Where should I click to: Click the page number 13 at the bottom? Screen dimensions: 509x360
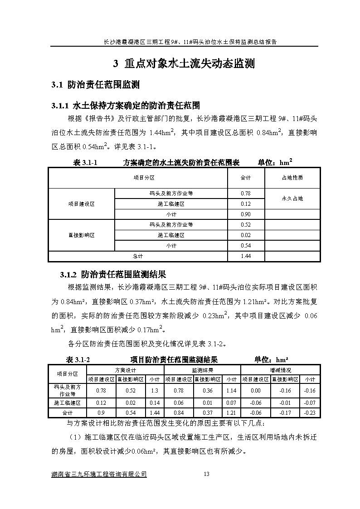206,474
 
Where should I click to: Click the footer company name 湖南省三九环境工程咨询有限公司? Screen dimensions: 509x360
100,474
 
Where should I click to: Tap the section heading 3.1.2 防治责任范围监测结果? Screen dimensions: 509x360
113,275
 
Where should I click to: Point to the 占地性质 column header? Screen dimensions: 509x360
292,178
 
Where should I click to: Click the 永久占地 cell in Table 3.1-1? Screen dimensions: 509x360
292,199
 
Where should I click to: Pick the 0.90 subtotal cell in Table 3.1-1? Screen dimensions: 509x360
246,214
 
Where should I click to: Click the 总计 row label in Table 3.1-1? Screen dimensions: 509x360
138,256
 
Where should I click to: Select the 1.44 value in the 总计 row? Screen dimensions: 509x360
246,256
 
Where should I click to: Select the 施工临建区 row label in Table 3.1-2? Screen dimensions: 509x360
67,402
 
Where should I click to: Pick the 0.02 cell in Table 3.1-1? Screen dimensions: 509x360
246,235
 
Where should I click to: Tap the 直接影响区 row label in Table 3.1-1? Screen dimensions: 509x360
82,235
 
